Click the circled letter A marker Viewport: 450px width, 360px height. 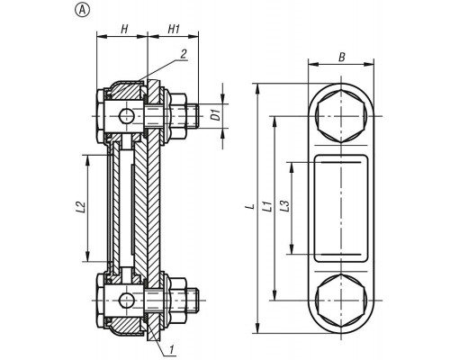point(82,11)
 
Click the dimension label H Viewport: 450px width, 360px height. point(124,30)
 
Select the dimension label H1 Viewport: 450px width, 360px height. point(174,30)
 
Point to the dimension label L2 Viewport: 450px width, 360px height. point(81,207)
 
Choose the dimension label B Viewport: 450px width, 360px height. point(342,57)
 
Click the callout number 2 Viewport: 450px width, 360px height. point(184,54)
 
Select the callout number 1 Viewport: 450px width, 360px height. point(172,350)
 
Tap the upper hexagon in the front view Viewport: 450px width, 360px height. point(341,116)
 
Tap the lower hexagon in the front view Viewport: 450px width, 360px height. point(341,301)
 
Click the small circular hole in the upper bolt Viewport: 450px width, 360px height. point(126,116)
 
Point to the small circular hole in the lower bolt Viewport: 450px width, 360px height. point(126,301)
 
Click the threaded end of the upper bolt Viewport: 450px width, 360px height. point(192,116)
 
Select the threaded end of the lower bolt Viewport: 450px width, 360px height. point(192,301)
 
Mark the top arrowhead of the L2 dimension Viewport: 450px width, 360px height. point(87,160)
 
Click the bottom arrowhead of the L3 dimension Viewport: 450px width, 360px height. point(291,248)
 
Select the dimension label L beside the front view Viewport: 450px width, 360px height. point(251,206)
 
